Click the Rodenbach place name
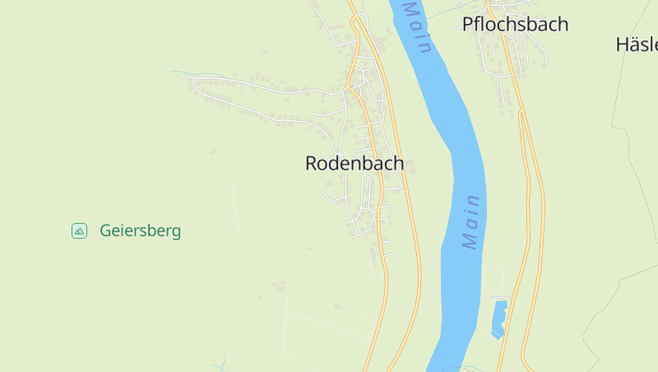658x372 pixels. tap(354, 163)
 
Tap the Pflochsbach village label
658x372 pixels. tap(515, 24)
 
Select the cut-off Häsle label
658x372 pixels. tap(637, 44)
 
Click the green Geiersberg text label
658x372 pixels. tap(140, 230)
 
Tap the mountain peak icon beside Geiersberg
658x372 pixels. tap(79, 230)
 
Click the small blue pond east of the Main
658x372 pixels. tap(498, 319)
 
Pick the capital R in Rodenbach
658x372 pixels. tap(312, 163)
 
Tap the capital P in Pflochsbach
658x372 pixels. tap(468, 24)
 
